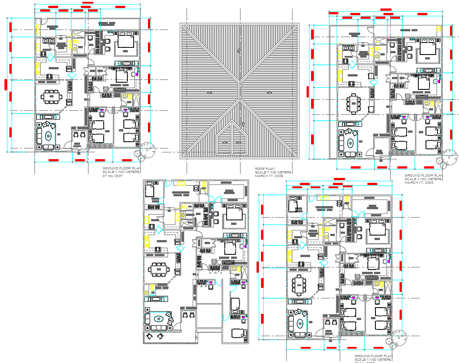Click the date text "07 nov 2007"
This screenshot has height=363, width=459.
pyautogui.click(x=113, y=176)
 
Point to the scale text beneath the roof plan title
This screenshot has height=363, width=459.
pyautogui.click(x=273, y=172)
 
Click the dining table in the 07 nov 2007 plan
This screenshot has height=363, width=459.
pyautogui.click(x=52, y=96)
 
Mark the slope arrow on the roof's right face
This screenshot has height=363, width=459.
pyautogui.click(x=270, y=93)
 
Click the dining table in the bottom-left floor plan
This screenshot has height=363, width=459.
pyautogui.click(x=158, y=270)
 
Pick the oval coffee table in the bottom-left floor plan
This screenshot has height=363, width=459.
pyautogui.click(x=158, y=319)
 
